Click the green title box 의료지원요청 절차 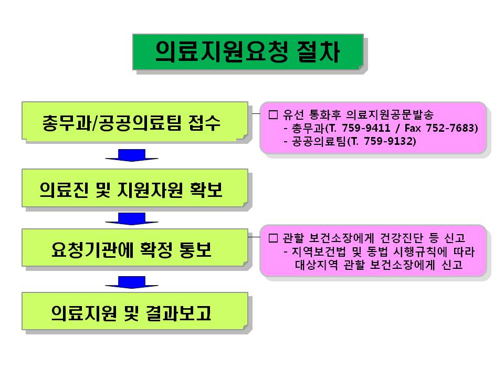pos(247,51)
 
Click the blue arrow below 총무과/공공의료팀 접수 pos(131,155)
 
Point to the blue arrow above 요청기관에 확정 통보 pos(131,218)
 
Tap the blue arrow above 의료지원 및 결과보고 pos(131,282)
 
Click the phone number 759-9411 pos(359,128)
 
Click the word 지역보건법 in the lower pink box pos(314,252)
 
